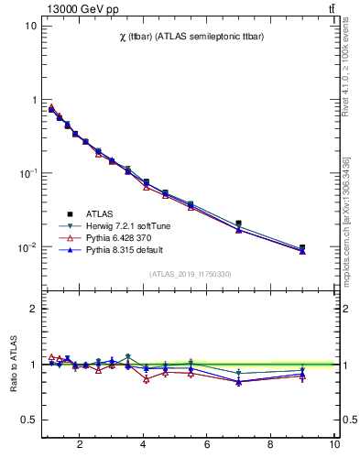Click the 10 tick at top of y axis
pyautogui.click(x=30, y=26)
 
